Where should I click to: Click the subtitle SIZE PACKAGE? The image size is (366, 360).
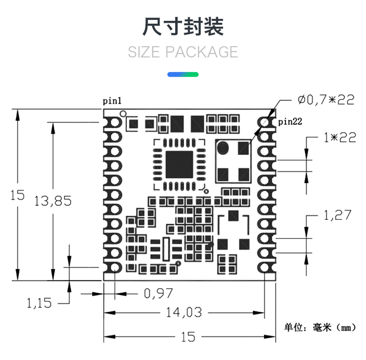click(x=183, y=52)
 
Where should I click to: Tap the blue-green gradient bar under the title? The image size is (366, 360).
click(x=183, y=74)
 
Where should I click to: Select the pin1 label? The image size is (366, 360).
click(x=113, y=100)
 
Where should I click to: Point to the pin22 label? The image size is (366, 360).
click(x=290, y=122)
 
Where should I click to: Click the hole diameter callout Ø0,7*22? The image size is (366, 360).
click(x=325, y=99)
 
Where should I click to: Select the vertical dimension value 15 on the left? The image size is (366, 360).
click(x=18, y=195)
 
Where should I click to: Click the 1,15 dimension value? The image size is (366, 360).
click(x=39, y=304)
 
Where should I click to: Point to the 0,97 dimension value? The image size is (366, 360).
click(x=158, y=293)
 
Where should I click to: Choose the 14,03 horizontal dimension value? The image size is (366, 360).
click(x=184, y=312)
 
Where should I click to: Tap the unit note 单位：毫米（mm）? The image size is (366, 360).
click(x=320, y=328)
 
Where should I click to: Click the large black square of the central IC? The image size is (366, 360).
click(x=179, y=164)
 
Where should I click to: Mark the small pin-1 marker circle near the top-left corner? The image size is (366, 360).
click(x=123, y=113)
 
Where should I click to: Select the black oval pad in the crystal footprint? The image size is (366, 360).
click(x=223, y=148)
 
